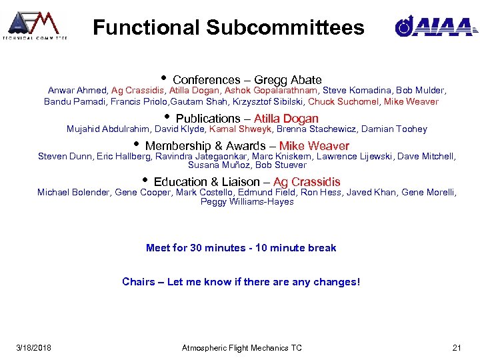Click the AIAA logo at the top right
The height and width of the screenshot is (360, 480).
434,26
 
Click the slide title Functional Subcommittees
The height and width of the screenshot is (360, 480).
229,27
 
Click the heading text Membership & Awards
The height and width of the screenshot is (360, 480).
209,146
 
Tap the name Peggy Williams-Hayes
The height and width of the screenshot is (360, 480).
247,202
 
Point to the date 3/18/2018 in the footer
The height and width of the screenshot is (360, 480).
34,348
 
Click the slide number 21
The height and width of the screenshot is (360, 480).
457,348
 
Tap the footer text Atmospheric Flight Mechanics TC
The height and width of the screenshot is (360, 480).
241,348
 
